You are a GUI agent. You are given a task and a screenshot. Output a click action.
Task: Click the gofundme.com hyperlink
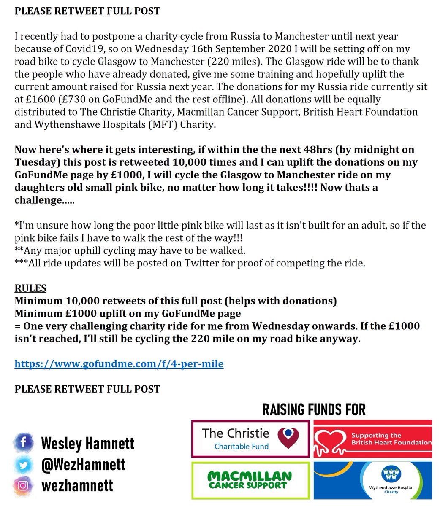click(119, 363)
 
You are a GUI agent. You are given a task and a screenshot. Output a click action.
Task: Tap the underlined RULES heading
click(30, 289)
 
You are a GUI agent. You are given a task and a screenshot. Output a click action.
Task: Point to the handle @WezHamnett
click(83, 464)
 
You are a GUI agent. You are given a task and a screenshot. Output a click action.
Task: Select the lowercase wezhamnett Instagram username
click(77, 486)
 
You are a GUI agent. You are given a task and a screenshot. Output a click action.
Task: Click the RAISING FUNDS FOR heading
click(314, 409)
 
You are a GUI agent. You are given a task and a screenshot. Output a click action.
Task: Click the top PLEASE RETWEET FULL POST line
click(87, 11)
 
